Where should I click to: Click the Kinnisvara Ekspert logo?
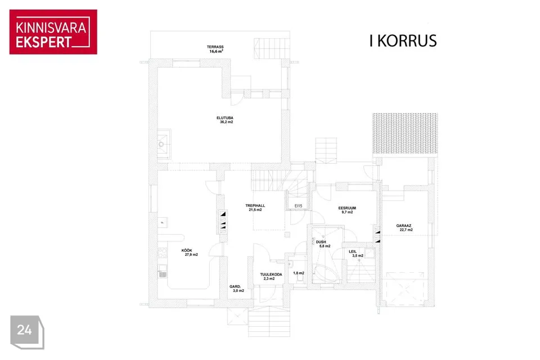[53, 31]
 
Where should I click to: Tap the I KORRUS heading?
[403, 40]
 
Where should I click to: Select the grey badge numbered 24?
[27, 332]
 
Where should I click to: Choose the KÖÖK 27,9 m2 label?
[190, 253]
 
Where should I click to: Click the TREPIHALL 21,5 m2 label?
[255, 208]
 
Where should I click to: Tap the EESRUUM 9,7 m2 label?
[347, 210]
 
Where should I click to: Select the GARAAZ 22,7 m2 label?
[404, 228]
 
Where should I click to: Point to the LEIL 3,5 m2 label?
[355, 254]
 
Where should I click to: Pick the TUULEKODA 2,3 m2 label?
[271, 276]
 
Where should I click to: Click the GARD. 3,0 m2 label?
[237, 289]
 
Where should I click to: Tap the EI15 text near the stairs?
[298, 206]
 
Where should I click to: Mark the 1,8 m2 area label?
[299, 273]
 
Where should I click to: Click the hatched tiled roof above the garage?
[405, 133]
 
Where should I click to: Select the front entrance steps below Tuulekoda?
[269, 322]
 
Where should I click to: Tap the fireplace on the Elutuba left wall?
[164, 144]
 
